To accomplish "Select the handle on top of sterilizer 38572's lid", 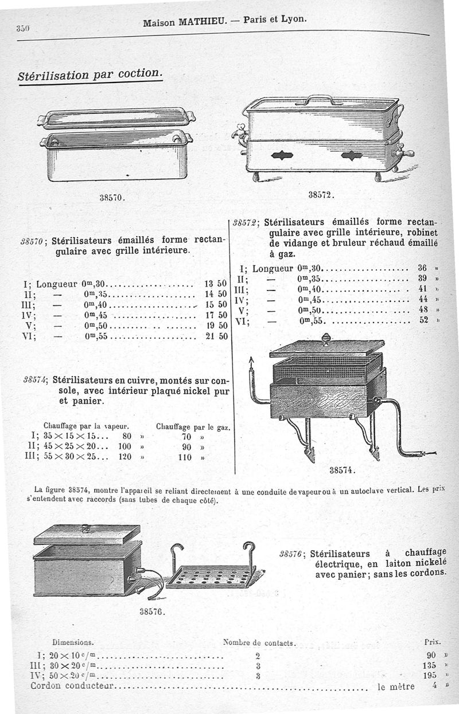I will (319, 99).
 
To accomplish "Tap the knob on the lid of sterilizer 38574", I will (326, 338).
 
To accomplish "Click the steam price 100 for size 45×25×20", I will (125, 446).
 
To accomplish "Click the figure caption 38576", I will (153, 611).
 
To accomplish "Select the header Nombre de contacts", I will (258, 643).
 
